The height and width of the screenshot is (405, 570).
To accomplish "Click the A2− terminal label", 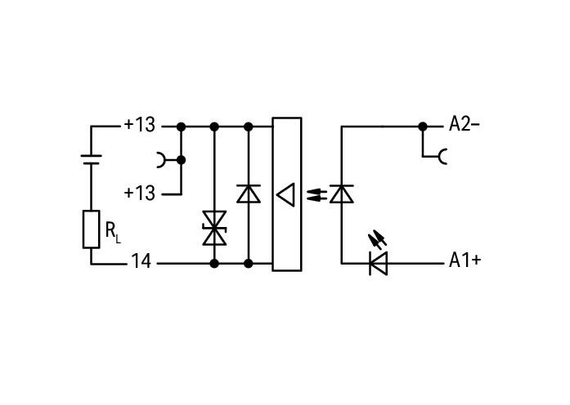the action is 465,124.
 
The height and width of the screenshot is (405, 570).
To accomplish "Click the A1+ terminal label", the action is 465,260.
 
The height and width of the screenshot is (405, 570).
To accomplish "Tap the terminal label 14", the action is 141,261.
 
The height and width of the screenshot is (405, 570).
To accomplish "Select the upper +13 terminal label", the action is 140,125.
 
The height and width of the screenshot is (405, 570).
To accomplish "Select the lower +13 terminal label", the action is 140,193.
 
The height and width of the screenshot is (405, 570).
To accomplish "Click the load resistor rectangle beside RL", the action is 92,229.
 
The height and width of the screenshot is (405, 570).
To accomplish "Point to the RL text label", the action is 113,233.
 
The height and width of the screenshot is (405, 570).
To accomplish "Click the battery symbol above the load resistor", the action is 92,160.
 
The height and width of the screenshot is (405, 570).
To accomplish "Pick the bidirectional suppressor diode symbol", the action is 214,229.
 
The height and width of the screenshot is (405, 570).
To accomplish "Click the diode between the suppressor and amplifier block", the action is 249,194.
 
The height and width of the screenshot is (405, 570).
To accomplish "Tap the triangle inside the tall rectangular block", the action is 285,195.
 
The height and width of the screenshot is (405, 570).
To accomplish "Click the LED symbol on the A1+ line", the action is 378,264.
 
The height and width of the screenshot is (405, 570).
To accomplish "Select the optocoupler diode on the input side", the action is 341,194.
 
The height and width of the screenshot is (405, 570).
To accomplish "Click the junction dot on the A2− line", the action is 423,127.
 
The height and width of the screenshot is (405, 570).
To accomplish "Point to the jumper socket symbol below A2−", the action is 442,157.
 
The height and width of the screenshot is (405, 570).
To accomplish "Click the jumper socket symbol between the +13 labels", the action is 160,160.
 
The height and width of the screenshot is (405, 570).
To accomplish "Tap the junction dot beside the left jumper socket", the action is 181,160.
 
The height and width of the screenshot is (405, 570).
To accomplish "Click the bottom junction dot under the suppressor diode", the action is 214,264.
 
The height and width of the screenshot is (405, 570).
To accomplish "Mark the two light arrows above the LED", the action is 378,239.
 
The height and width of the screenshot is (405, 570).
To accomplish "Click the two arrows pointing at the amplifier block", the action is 316,195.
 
